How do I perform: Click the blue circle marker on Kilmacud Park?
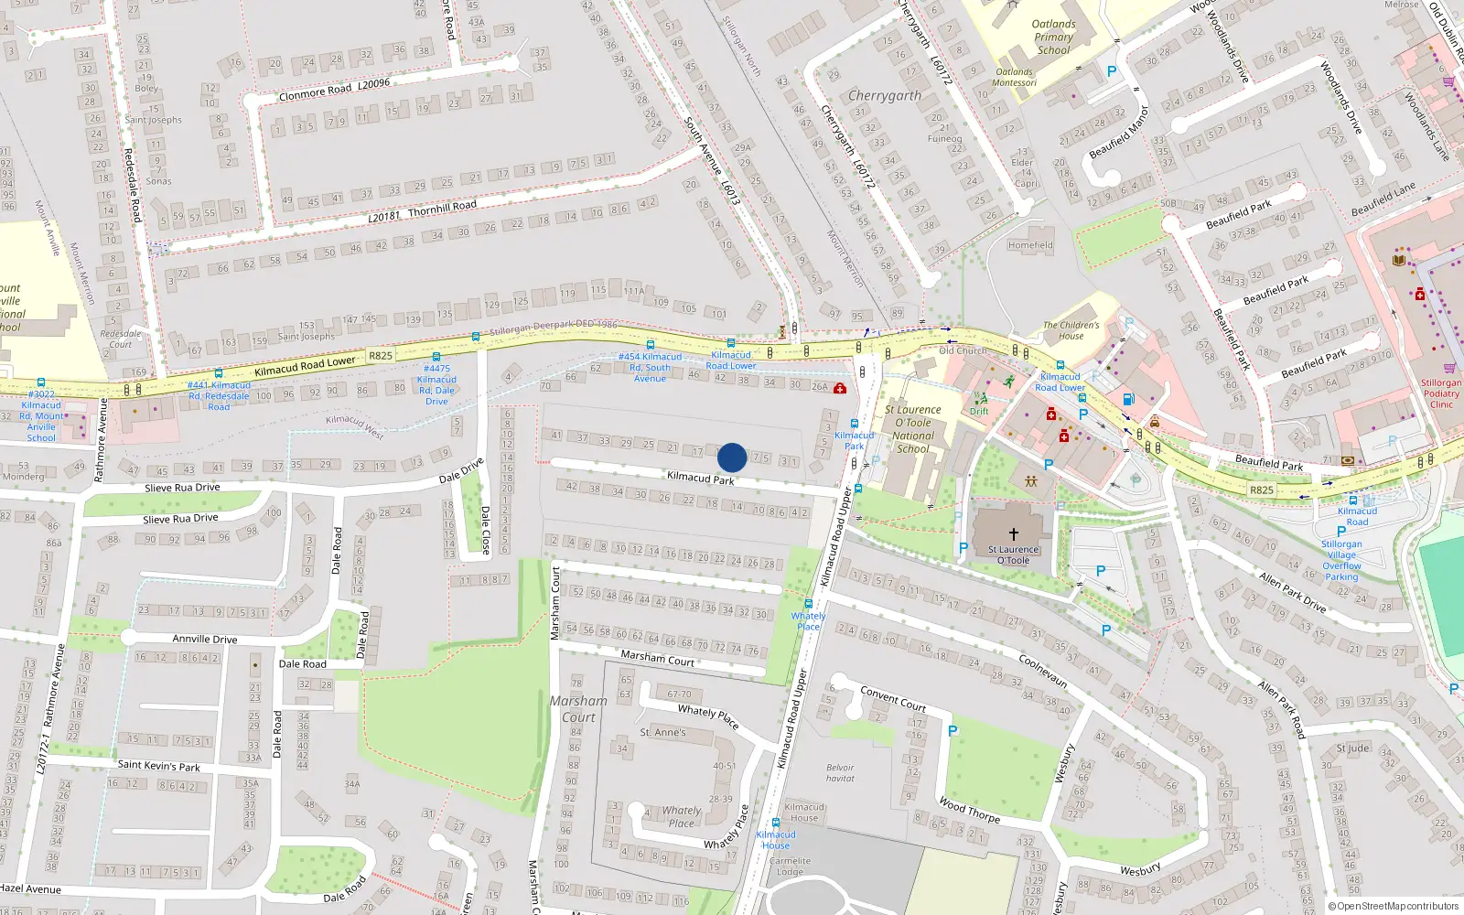tap(732, 457)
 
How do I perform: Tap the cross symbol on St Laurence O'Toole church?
tap(1014, 533)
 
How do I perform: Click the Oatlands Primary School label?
tap(1053, 38)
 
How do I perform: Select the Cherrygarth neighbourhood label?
tap(884, 95)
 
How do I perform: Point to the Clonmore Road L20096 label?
tap(334, 89)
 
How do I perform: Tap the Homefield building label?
tap(1030, 245)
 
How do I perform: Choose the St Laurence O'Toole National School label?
tap(913, 429)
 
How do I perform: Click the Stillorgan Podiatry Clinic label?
tap(1441, 393)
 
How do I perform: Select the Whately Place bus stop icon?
tap(808, 604)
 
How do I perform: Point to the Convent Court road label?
tap(893, 698)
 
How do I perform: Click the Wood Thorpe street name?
tap(969, 810)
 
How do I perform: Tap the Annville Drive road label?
tap(205, 639)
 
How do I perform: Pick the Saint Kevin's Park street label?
tap(158, 765)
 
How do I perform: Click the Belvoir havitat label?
tap(840, 773)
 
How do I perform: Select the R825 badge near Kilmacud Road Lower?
tap(381, 356)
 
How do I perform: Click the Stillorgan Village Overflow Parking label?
tap(1341, 560)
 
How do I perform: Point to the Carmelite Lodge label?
tap(790, 866)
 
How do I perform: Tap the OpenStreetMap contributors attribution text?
tap(1393, 907)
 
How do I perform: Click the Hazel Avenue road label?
tap(30, 888)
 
